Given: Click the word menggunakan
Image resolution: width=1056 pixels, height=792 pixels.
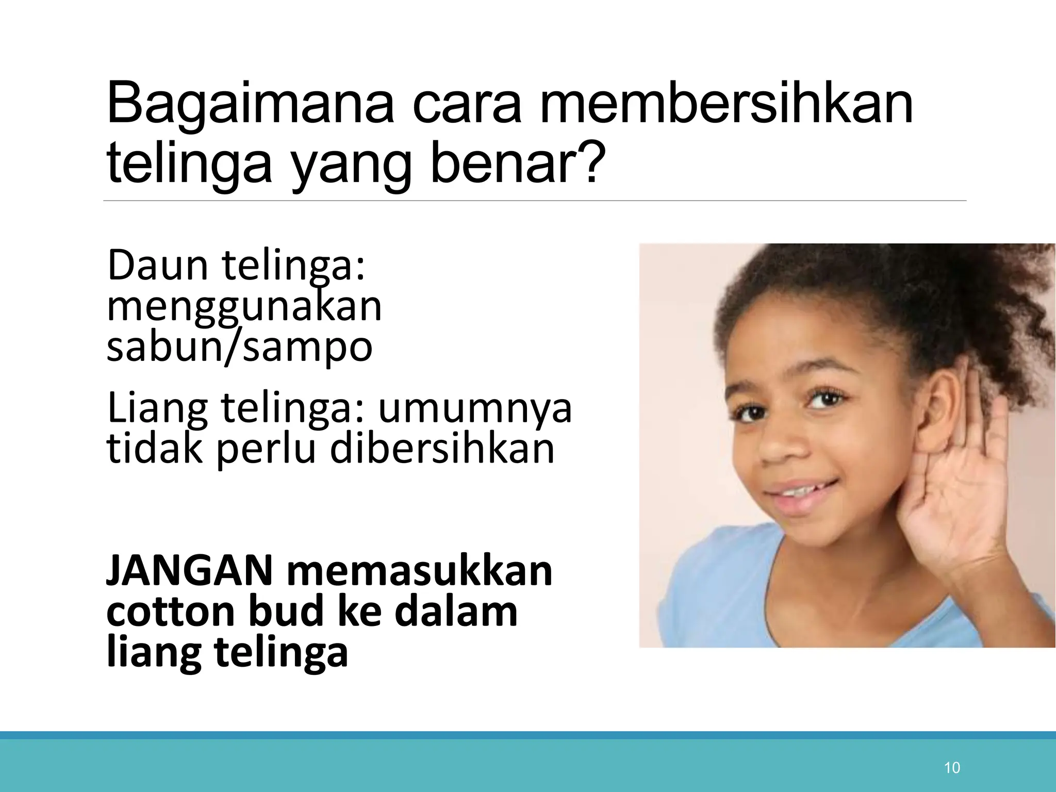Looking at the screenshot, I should tap(244, 308).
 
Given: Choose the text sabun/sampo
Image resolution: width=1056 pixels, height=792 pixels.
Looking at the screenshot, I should tap(239, 348).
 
